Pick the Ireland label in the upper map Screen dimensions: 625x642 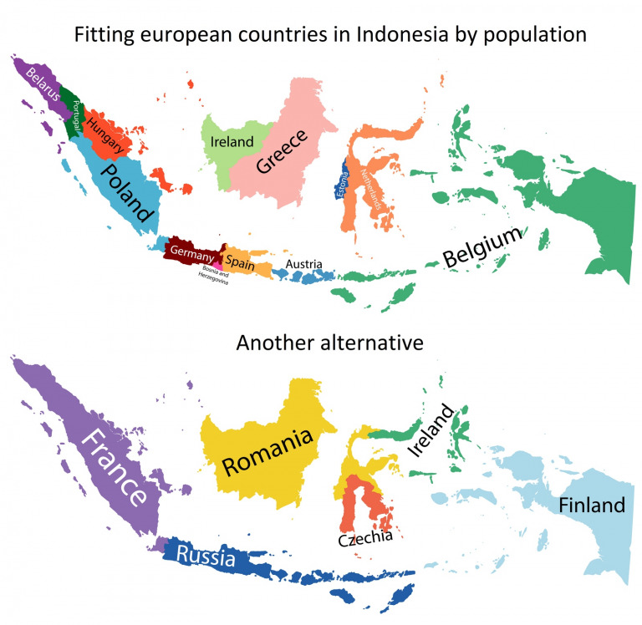tap(232, 143)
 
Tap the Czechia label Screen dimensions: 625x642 tap(365, 539)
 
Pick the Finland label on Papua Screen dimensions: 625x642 tap(591, 506)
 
